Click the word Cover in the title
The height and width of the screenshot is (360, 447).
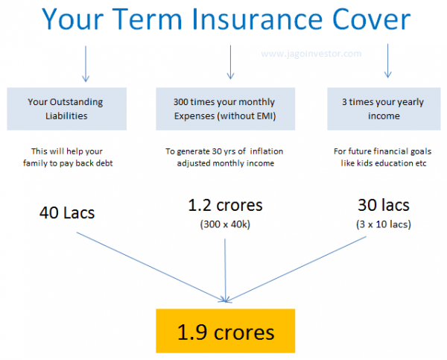pyautogui.click(x=372, y=20)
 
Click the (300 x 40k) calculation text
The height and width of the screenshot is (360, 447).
pyautogui.click(x=225, y=224)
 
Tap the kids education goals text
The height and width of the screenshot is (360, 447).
pyautogui.click(x=380, y=157)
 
